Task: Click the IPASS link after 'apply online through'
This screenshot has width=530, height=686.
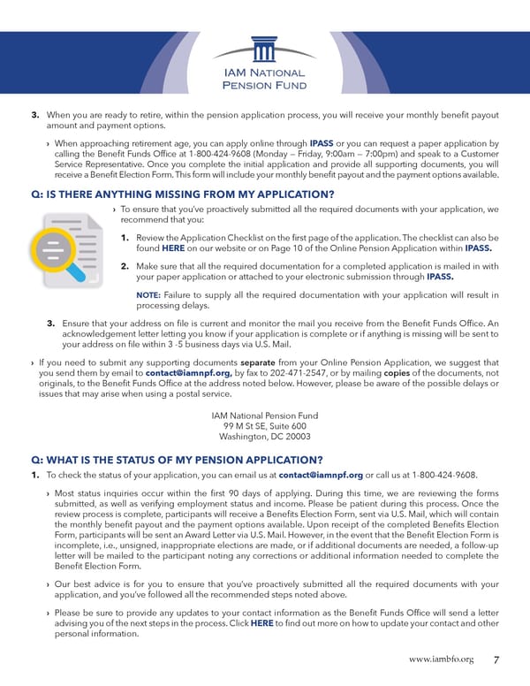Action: pos(322,142)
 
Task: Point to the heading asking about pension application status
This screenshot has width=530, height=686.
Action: pos(176,460)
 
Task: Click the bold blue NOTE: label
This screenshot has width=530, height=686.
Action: pos(148,295)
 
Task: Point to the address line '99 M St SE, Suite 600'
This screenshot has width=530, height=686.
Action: pos(265,426)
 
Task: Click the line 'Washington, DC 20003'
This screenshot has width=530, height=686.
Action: pos(265,437)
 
